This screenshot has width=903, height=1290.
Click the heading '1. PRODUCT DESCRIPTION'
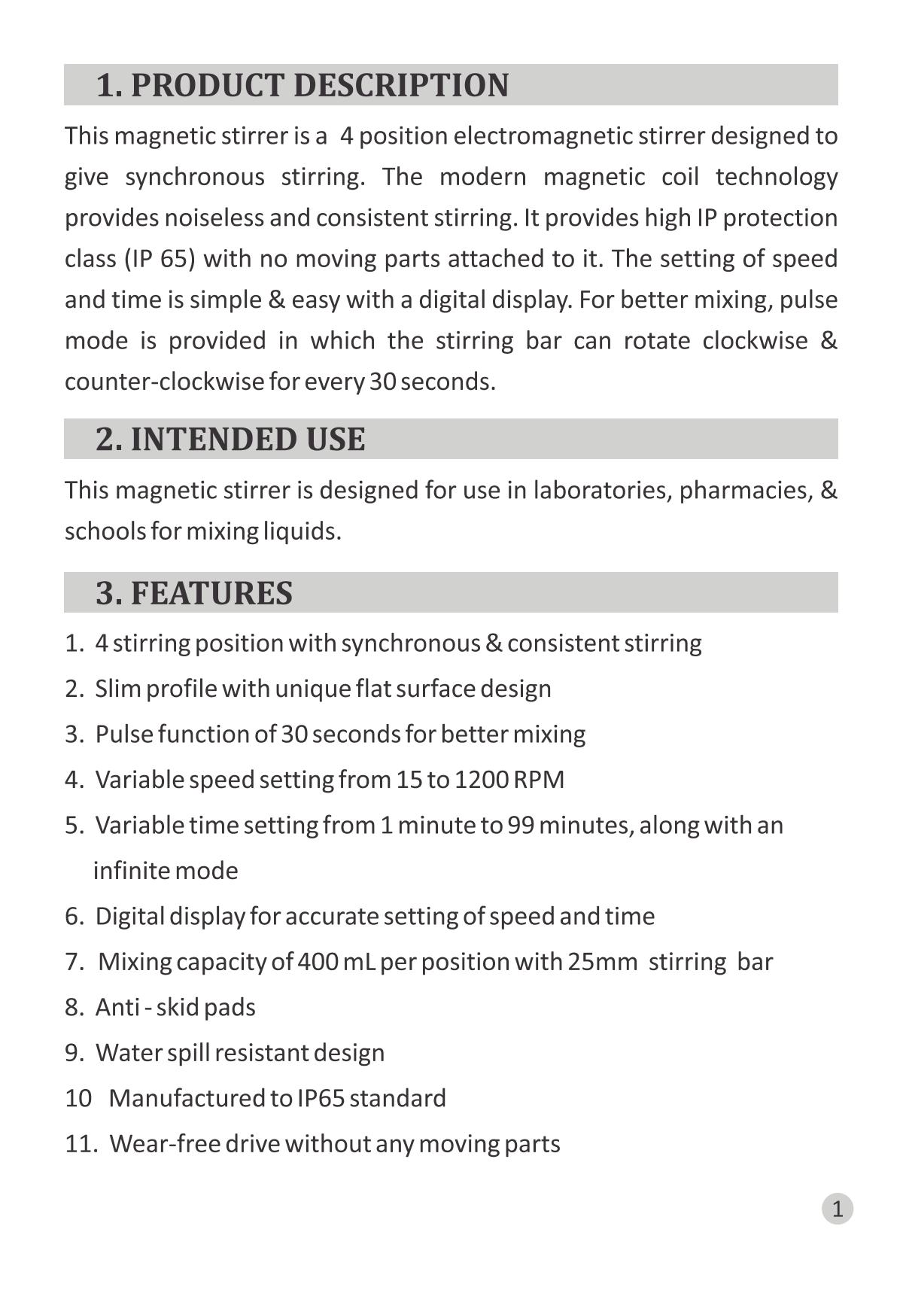[x=303, y=85]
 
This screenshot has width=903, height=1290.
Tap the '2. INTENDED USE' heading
[x=230, y=440]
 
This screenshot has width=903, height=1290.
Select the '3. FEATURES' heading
[x=194, y=593]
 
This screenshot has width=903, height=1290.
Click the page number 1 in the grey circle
[x=837, y=1209]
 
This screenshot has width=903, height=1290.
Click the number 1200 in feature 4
[x=481, y=780]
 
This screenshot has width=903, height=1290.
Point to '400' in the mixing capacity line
[x=317, y=962]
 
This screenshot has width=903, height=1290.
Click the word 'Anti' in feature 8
[x=117, y=1008]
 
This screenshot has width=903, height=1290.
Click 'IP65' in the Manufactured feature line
[x=321, y=1099]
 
